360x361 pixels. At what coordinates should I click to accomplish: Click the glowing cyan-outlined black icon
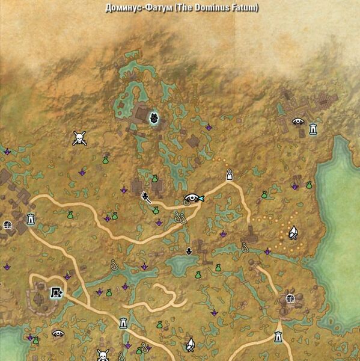point(154,118)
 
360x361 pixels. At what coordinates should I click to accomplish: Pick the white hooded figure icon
point(229,175)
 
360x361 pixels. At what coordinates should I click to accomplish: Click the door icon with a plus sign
point(56,293)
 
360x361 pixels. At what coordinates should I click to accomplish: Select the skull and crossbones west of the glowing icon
point(79,139)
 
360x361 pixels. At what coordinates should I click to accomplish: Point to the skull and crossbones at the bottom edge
point(103,354)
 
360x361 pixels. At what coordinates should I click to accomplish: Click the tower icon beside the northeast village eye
point(313,128)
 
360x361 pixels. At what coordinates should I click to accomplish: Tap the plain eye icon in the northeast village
point(297,122)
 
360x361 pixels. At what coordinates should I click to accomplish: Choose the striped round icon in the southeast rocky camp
point(290,298)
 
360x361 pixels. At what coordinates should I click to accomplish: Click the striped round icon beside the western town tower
point(8,224)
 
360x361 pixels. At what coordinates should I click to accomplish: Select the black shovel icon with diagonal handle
point(145,196)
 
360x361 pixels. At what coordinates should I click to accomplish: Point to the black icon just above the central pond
point(189,250)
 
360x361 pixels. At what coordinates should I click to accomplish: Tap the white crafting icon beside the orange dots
point(293,232)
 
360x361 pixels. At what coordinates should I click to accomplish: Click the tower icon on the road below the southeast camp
point(278,336)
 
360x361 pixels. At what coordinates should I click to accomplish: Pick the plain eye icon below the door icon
point(58,333)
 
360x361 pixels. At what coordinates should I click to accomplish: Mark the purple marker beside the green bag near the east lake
point(295,187)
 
